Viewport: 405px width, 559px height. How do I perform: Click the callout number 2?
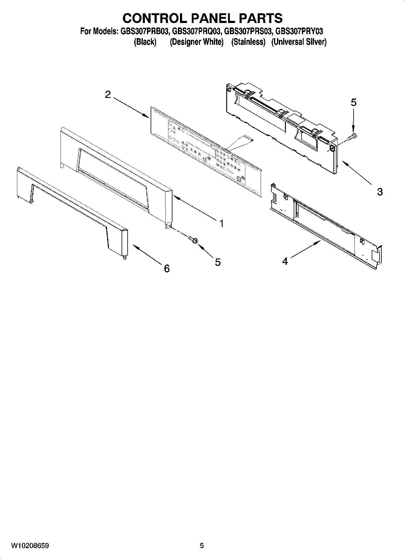[x=108, y=95]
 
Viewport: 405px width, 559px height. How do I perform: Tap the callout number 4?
[x=285, y=261]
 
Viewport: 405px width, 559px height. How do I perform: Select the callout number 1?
[x=222, y=224]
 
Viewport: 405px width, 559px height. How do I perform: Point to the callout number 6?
[x=167, y=268]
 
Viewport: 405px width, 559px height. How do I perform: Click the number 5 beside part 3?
[x=354, y=102]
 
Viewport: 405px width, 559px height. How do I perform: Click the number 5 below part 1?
[x=218, y=262]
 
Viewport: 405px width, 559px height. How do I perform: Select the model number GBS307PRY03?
[x=299, y=31]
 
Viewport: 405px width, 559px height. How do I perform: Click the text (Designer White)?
[x=197, y=42]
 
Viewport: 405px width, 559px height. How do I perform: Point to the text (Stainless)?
[x=248, y=42]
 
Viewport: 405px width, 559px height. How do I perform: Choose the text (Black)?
[x=145, y=42]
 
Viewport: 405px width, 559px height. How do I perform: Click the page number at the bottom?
[x=202, y=546]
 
